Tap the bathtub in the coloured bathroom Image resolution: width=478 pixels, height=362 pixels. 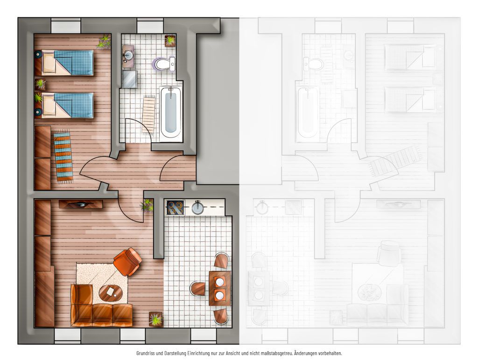[x=171, y=113]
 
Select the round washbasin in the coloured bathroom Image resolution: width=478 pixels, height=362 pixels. [x=128, y=55]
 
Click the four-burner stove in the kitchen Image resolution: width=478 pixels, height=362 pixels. [x=176, y=208]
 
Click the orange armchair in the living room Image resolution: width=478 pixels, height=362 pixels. [x=127, y=261]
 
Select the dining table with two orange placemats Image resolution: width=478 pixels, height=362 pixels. [x=219, y=289]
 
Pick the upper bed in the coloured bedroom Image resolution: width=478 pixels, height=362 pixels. [x=64, y=63]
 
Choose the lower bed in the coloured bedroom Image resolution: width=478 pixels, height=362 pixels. [x=64, y=105]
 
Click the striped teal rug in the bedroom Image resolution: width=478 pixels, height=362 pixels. [x=63, y=157]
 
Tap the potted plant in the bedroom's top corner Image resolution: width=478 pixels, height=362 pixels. [x=104, y=42]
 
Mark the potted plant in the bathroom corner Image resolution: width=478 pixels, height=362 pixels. [x=170, y=41]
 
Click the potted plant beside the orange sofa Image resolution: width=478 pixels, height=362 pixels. [x=155, y=319]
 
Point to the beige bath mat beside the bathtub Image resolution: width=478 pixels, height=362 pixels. [x=149, y=115]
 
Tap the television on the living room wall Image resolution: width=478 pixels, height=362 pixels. [x=81, y=204]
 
